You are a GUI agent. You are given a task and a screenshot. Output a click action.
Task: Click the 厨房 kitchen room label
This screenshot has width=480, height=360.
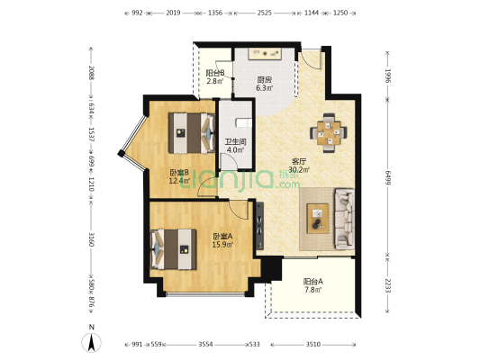click(263, 78)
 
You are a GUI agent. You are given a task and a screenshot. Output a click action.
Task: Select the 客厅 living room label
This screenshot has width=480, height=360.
click(299, 163)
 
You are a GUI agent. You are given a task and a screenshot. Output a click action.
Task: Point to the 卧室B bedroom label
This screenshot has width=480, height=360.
click(179, 173)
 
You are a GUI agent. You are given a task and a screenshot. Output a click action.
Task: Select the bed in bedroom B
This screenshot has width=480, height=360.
click(189, 132)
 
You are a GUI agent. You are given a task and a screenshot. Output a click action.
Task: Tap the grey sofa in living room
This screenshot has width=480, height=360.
click(344, 218)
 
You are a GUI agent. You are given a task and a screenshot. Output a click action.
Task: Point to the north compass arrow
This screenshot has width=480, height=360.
click(92, 342)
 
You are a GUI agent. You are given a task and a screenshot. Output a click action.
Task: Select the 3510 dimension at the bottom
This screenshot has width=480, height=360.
click(312, 344)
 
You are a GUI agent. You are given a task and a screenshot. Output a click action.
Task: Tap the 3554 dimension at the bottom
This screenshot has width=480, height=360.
click(205, 344)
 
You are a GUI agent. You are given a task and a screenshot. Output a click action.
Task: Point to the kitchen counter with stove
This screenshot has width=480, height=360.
click(265, 53)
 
